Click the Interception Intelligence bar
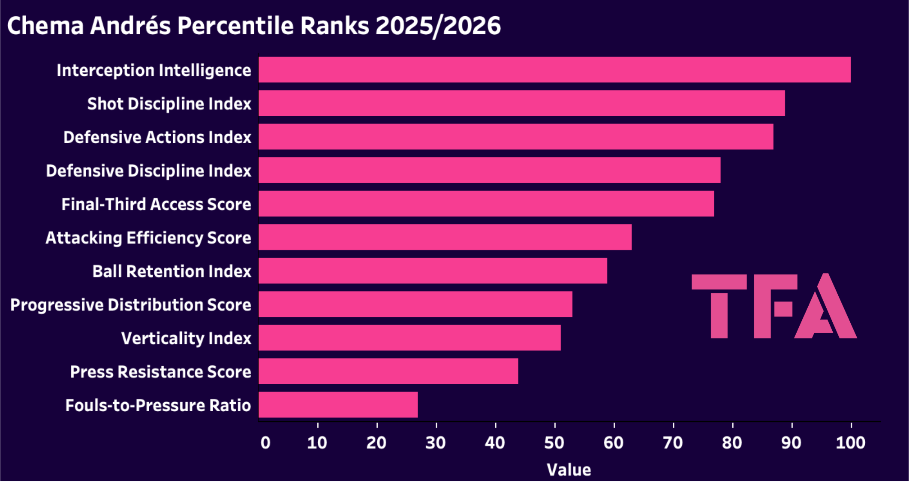pos(554,70)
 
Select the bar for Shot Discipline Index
pos(521,103)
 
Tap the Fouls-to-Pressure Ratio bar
pos(338,405)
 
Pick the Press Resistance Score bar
pos(388,371)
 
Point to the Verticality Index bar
pos(409,338)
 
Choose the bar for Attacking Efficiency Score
pos(445,237)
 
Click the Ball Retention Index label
pos(172,271)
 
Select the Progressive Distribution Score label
pos(131,305)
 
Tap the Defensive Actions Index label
pos(157,137)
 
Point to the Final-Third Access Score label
pos(156,204)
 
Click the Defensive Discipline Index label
pos(148,171)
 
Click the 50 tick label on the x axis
pos(554,443)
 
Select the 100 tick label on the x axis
pos(851,443)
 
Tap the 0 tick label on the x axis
pos(265,443)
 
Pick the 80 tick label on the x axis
pos(732,443)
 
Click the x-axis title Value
pos(569,470)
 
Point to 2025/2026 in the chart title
pos(438,26)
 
